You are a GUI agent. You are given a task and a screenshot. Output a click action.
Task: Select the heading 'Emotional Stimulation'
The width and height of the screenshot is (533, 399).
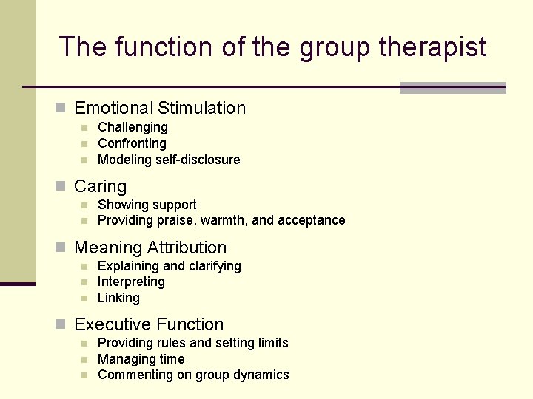tap(160, 108)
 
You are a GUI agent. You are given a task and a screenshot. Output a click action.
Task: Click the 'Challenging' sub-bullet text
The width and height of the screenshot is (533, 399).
tap(133, 127)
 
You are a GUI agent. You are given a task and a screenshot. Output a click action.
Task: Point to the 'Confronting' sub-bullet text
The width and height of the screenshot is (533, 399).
tap(132, 143)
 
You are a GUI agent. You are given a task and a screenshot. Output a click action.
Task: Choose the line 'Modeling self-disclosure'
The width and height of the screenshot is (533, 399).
tap(169, 160)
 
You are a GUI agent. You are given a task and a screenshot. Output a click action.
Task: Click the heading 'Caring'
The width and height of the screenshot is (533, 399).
tap(101, 186)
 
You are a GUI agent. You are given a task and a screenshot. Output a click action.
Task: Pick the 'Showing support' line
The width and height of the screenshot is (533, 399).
tap(147, 205)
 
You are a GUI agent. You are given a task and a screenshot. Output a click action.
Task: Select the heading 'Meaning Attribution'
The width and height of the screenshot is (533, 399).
tap(150, 248)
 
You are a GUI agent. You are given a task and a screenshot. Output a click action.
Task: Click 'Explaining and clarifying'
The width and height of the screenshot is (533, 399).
tap(169, 266)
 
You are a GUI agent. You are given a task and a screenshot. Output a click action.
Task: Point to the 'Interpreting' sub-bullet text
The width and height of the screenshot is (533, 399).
tap(131, 282)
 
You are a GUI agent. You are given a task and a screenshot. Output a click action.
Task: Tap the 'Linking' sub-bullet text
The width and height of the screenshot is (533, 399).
tap(118, 298)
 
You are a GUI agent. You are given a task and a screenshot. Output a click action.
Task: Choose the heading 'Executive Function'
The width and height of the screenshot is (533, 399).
tap(149, 324)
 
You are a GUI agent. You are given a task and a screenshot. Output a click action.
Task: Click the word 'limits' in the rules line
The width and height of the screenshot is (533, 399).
tap(269, 343)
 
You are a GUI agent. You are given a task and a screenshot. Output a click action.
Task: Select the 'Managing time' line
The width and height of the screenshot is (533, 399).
tap(141, 359)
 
